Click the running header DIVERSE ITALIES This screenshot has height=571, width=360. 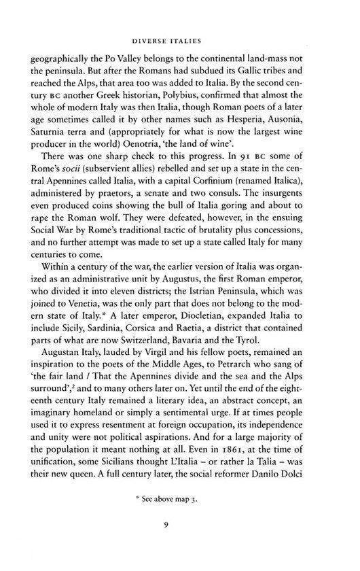[x=180, y=38]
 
